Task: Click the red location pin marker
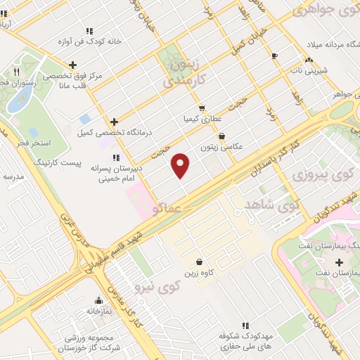(x=181, y=165)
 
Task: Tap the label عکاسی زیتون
(x=221, y=147)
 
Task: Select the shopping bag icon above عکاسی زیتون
(x=222, y=136)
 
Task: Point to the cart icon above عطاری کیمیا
(x=202, y=108)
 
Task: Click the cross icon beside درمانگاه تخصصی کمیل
(x=114, y=122)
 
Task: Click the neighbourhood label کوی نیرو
(x=160, y=286)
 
